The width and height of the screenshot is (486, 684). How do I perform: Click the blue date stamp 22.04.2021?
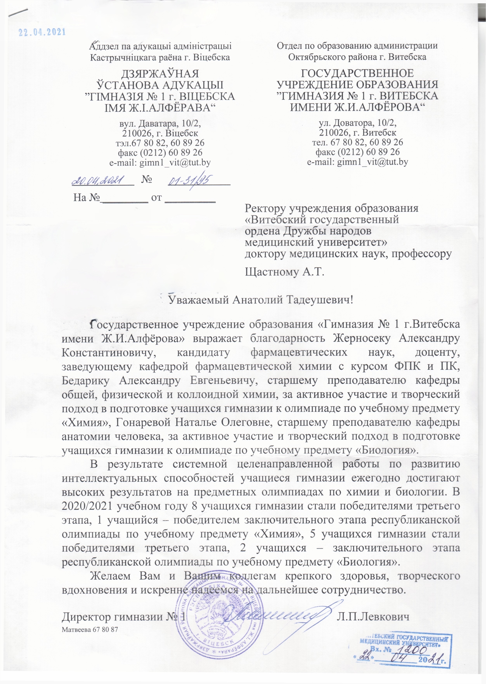coord(42,32)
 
